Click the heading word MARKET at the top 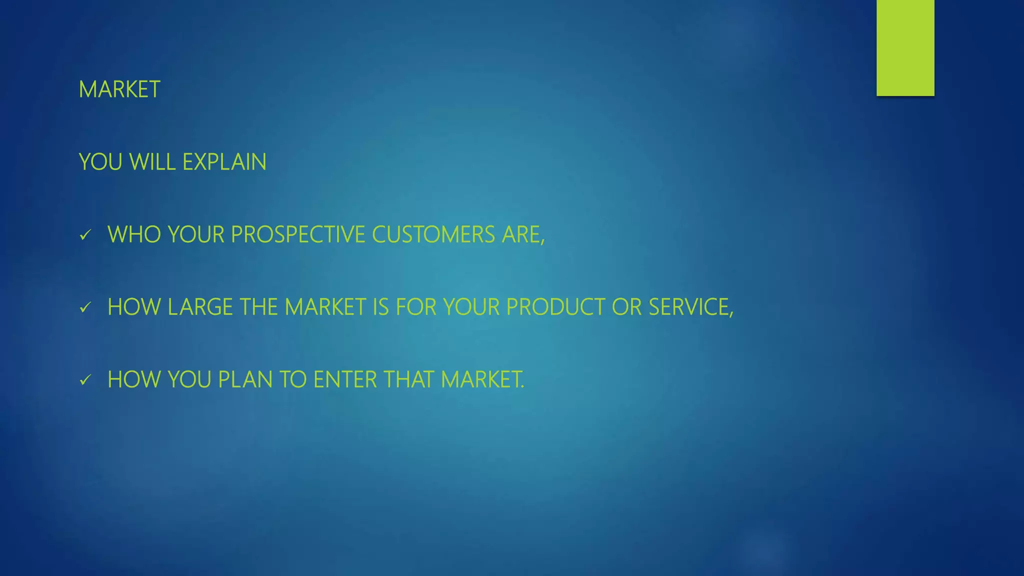click(119, 90)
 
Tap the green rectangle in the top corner click(905, 47)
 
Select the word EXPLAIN click(224, 162)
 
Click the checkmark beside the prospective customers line click(85, 235)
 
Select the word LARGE click(200, 307)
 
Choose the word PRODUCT click(555, 307)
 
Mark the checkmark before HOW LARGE click(85, 307)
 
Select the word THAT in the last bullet click(409, 380)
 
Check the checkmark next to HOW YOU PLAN click(85, 380)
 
